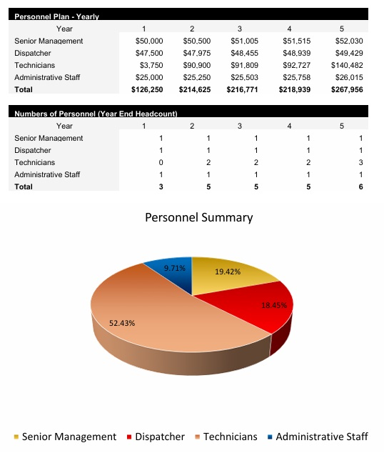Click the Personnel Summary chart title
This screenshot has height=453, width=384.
tap(199, 217)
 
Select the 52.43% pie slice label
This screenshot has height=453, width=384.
tap(122, 323)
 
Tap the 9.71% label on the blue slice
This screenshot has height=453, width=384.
tap(174, 268)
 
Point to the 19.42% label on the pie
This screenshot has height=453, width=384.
tap(228, 272)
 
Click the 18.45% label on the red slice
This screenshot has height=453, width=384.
tap(274, 305)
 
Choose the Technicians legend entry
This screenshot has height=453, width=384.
tap(226, 437)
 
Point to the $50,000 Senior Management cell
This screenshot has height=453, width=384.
tap(149, 41)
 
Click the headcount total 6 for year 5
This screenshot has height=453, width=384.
tap(360, 186)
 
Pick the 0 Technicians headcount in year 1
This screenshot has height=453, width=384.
tap(161, 162)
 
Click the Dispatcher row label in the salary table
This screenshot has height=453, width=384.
tap(33, 54)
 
